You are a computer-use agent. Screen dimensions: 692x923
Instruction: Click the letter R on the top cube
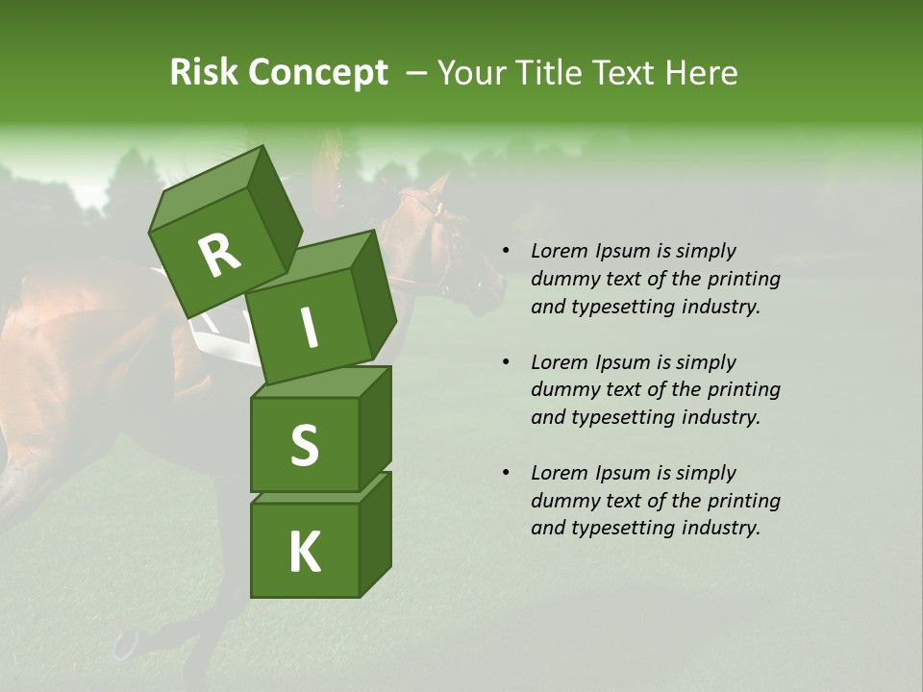(x=220, y=255)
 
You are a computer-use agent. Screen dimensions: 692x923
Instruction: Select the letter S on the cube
(x=304, y=445)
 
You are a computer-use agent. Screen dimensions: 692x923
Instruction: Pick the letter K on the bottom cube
(x=304, y=552)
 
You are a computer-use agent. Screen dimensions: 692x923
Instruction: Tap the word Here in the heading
(x=702, y=73)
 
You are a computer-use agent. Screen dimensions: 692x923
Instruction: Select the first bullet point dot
(x=506, y=252)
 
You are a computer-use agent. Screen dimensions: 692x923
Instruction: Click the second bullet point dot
(x=506, y=362)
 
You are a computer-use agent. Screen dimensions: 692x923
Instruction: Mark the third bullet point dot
(x=506, y=473)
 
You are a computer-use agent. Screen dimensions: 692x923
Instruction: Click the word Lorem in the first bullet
(x=560, y=251)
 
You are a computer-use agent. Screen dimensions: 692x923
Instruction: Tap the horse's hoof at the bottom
(x=126, y=645)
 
